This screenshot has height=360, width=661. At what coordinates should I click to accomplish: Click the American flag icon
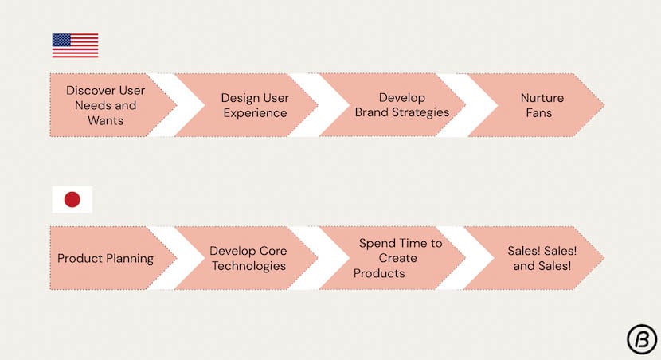tap(75, 45)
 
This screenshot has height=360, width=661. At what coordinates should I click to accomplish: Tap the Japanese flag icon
tap(72, 199)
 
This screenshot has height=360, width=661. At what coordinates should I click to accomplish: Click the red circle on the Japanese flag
tap(72, 199)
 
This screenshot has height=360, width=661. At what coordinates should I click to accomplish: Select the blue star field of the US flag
tap(61, 40)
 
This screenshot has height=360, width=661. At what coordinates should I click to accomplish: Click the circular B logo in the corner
tap(642, 339)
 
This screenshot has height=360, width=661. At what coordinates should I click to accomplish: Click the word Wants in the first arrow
tap(105, 120)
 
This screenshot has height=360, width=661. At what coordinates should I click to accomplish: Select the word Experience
tap(255, 113)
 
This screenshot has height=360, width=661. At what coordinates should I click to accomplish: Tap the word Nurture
tap(542, 98)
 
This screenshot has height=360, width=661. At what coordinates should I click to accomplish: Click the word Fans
tap(538, 113)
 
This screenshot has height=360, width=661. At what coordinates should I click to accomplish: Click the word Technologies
tap(248, 266)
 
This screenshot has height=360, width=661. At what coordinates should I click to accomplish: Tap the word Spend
tap(377, 243)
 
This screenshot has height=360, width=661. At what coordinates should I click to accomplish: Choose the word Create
tap(397, 258)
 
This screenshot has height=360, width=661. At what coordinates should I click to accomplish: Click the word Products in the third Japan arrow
tap(379, 273)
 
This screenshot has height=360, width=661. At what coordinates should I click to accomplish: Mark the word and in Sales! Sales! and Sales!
tap(522, 266)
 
